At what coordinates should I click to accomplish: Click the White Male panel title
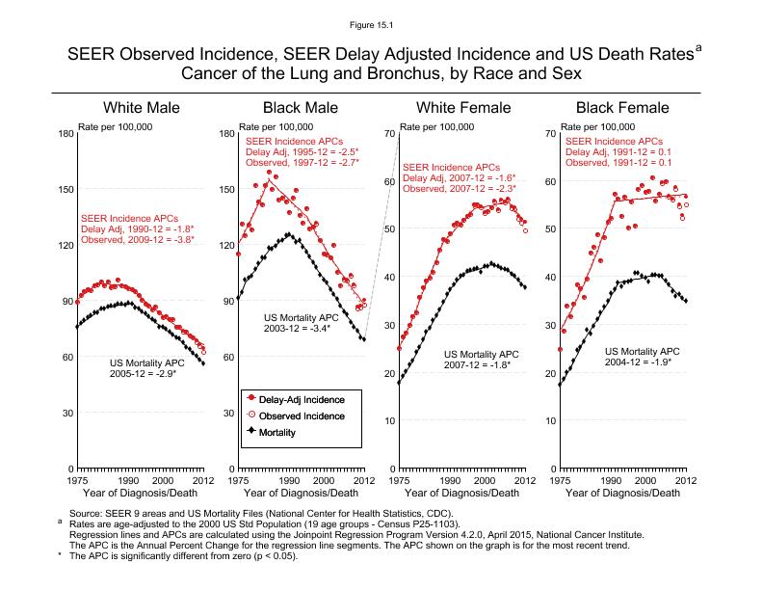pos(142,107)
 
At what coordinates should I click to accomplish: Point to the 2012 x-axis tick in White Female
pos(524,479)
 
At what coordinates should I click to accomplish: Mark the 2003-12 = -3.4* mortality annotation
pos(298,328)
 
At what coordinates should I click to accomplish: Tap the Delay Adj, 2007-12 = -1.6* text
pos(459,178)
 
